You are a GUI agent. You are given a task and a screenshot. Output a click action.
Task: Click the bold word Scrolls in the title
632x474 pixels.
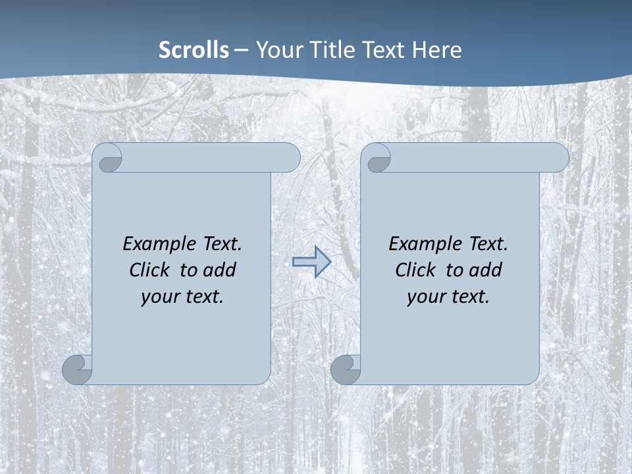tap(194, 50)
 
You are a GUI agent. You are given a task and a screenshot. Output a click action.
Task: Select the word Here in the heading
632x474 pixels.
tap(436, 50)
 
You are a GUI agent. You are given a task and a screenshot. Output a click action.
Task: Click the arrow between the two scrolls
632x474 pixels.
tap(311, 262)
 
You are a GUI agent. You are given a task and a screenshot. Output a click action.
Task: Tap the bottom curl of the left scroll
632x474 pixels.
tap(78, 369)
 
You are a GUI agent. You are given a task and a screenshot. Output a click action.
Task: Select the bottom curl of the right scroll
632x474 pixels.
tap(346, 369)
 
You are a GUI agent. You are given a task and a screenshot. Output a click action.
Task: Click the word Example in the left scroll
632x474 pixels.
tap(157, 244)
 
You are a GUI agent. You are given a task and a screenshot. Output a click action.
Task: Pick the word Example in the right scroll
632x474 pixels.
tap(423, 244)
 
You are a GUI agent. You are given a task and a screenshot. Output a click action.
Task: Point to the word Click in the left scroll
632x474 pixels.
tap(151, 270)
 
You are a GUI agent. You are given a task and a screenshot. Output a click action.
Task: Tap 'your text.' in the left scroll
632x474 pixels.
tap(182, 296)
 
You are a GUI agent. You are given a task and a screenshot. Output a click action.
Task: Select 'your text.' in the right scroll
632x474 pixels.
tap(448, 296)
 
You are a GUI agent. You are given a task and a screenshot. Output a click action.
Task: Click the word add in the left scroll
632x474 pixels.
tap(219, 270)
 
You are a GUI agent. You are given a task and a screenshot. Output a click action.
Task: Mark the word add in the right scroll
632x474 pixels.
tap(485, 270)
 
